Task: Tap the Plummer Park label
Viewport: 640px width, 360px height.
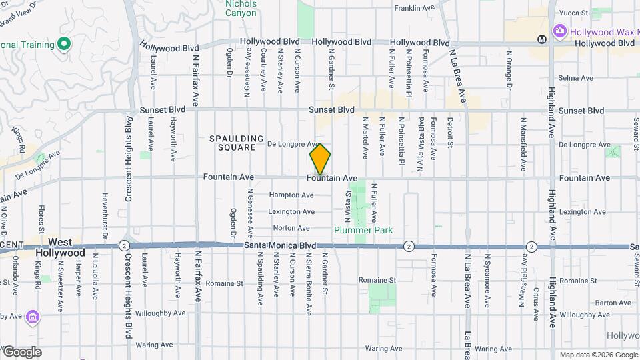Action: [363, 230]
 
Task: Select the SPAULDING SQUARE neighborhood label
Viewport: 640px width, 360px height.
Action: [233, 143]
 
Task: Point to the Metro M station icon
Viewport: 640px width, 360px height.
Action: [542, 39]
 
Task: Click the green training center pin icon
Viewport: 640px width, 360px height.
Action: [64, 45]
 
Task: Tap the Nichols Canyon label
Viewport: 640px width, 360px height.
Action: [241, 8]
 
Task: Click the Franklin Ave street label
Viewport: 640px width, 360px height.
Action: [415, 8]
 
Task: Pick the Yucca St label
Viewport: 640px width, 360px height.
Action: [573, 13]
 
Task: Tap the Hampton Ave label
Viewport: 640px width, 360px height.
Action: [291, 195]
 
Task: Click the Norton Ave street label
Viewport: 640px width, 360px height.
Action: [291, 228]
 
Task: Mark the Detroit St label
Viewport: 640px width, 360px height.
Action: [450, 133]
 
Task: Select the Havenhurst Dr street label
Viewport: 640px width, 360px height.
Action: [105, 215]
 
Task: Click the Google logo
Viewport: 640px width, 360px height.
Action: [21, 352]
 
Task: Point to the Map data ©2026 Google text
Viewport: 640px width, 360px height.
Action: [597, 355]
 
